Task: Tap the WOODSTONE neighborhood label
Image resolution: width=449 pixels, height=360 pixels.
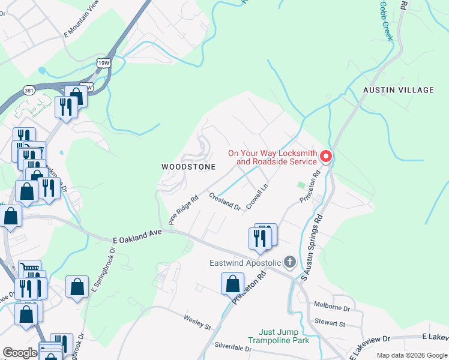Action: pos(188,167)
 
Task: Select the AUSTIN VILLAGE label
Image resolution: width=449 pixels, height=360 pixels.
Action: pos(398,90)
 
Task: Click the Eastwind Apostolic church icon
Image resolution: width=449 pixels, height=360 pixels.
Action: pos(290,262)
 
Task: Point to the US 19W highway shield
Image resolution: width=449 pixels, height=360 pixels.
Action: pos(103,62)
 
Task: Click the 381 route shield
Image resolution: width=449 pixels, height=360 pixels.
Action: pos(29,90)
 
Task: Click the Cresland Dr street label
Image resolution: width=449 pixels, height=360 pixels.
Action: pos(225,201)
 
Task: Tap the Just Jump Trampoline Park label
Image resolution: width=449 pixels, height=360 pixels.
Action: pos(284,336)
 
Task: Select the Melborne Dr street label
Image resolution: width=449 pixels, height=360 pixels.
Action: pos(331,307)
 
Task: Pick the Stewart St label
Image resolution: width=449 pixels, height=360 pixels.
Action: pos(333,324)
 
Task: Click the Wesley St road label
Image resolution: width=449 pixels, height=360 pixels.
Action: pos(197,322)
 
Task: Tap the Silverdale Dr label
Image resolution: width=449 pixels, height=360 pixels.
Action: pos(233,347)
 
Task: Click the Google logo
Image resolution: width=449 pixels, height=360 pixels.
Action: pos(20,353)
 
